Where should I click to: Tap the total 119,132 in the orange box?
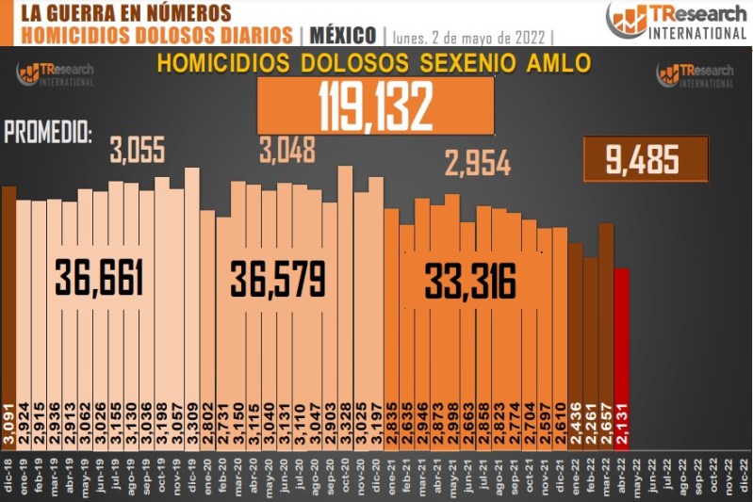375,104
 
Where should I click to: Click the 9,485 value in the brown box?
646,159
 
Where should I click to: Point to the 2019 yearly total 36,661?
99,279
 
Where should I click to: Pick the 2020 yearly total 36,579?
279,279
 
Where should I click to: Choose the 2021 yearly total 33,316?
470,280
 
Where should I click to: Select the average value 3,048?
286,149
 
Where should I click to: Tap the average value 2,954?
478,164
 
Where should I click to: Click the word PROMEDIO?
48,133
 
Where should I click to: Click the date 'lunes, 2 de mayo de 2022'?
468,37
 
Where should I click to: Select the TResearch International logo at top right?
677,20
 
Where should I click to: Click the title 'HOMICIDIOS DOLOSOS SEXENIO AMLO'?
373,64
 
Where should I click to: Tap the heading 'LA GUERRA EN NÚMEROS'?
125,13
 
